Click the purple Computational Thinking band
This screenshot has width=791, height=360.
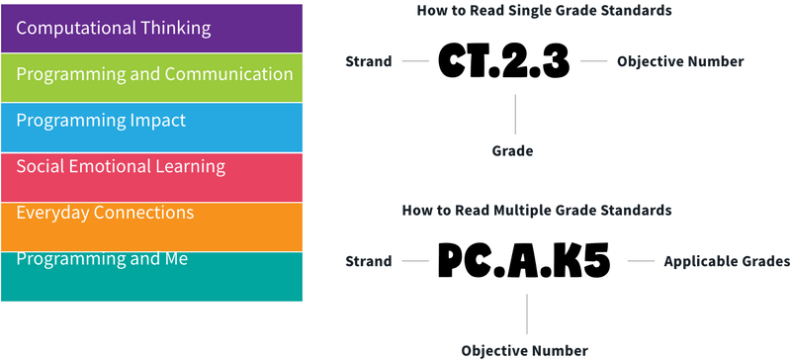(152, 28)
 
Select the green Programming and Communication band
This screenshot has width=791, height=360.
(152, 77)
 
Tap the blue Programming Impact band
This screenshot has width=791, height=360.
(152, 127)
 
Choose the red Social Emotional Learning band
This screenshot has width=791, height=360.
(152, 177)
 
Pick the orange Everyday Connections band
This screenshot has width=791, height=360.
(152, 225)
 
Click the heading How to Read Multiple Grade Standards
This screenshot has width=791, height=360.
(537, 211)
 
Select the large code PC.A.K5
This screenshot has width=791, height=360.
(524, 263)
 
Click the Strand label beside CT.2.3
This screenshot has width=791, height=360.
(368, 62)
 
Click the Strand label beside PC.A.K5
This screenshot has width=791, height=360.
(368, 263)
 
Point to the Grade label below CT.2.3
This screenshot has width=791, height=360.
(512, 151)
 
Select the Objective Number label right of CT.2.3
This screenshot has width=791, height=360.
(679, 62)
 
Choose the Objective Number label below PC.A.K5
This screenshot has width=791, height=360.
(525, 350)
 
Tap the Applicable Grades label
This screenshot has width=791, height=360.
(727, 263)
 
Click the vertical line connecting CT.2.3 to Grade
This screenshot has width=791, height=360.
(512, 114)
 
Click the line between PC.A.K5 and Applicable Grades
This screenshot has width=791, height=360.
(643, 263)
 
